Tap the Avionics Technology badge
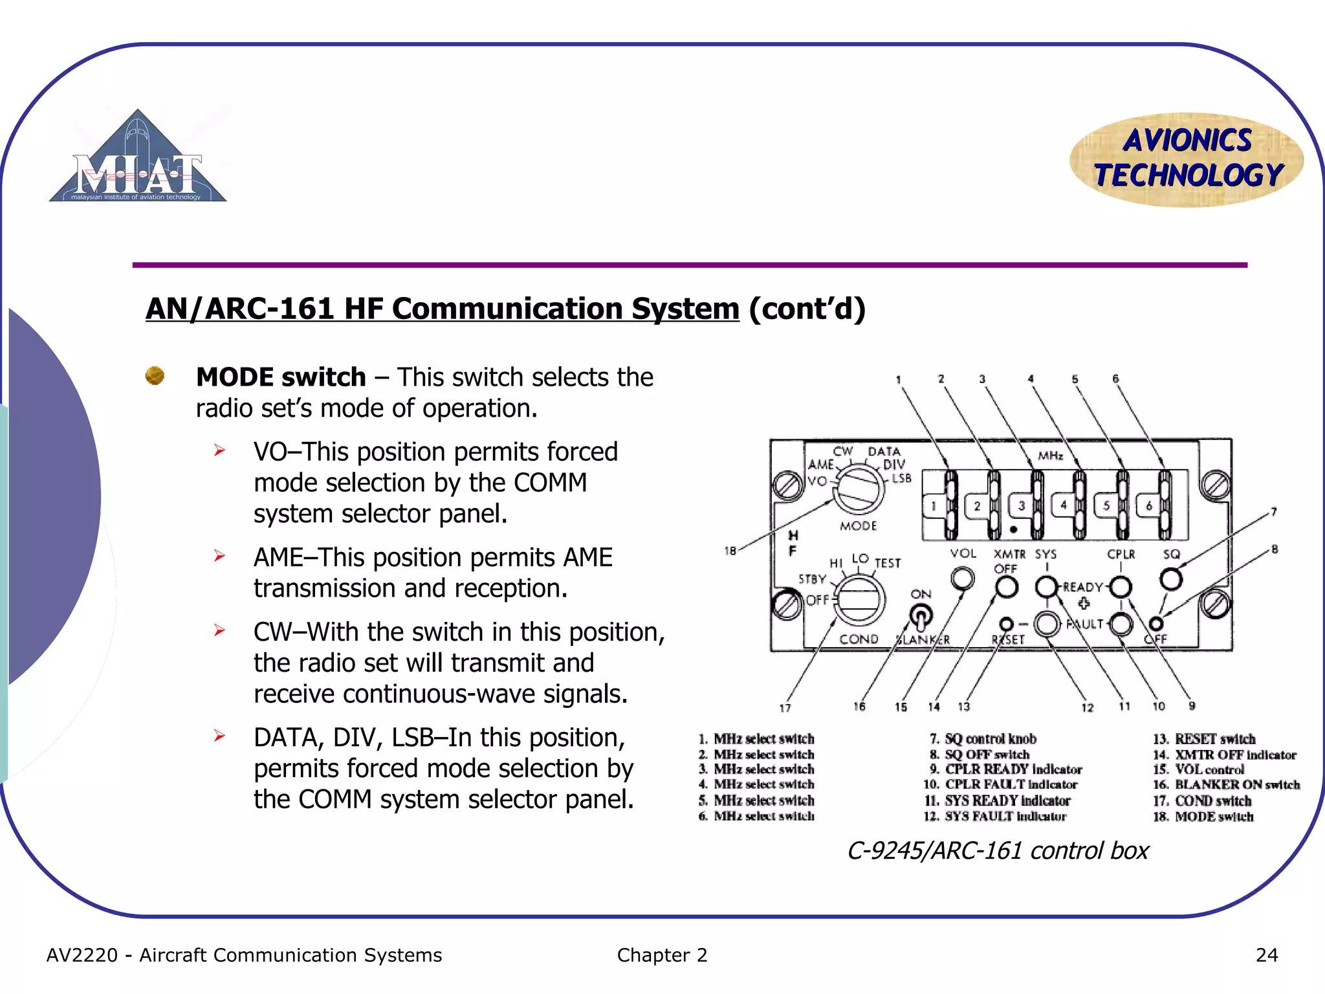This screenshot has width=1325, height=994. coord(1187,159)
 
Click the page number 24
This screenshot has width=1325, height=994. coord(1266,955)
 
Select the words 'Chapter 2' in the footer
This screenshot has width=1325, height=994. coord(662,955)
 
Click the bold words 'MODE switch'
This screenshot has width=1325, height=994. coord(281,377)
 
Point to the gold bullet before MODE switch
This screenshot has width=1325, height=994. coord(155,375)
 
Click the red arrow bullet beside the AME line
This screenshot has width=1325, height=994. coord(220,556)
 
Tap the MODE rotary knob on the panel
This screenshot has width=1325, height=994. coord(859,489)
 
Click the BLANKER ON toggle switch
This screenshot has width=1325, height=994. coord(921,616)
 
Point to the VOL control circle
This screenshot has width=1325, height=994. coord(963,578)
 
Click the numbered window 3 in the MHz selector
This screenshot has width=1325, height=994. coord(1022,505)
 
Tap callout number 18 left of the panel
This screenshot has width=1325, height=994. coord(730,551)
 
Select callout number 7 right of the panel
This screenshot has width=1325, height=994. coord(1273,512)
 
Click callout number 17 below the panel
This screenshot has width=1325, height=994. coord(785,708)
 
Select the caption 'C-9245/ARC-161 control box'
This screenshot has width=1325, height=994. coord(998,850)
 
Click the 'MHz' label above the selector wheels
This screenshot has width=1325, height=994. coord(1051,456)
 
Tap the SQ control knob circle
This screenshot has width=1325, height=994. coord(1171,579)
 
